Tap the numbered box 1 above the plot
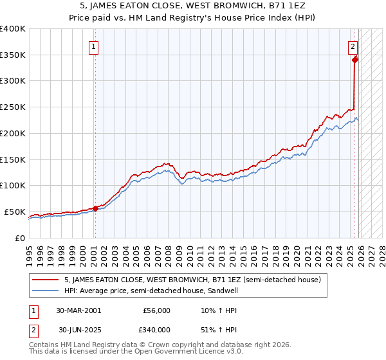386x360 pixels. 94,46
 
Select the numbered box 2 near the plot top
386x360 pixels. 353,46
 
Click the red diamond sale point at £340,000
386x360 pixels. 354,60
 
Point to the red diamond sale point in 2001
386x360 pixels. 95,208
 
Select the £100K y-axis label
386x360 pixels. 14,186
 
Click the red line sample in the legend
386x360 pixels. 46,280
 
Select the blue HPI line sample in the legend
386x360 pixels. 46,290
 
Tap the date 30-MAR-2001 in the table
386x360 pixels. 78,310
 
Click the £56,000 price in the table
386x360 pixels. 157,310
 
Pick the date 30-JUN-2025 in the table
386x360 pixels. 78,330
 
